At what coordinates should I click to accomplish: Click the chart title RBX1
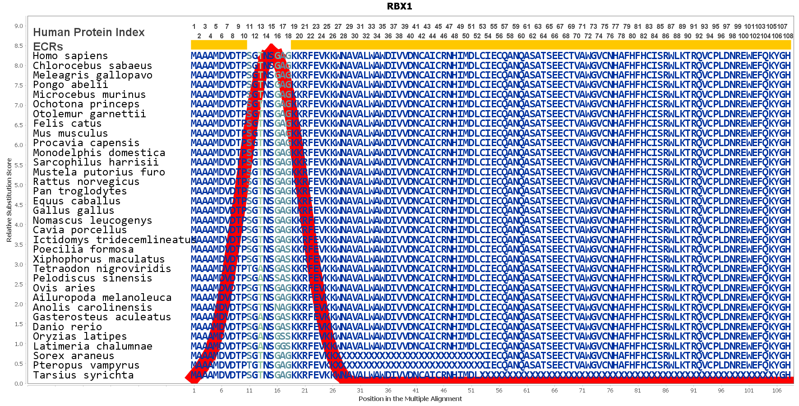399,6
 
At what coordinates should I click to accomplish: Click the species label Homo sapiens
70,56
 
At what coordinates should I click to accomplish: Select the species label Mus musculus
70,134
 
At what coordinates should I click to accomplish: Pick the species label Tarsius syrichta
83,375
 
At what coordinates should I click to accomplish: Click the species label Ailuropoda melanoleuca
102,298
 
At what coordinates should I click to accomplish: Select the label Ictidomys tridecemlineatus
115,240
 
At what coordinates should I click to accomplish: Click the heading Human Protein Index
89,32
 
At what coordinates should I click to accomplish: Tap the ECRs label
48,46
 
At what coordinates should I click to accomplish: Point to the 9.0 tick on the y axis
18,26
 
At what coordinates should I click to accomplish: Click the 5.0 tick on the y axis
18,185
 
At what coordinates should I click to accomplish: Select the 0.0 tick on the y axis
18,384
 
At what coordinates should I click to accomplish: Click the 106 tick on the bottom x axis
776,391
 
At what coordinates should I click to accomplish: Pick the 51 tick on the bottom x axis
471,391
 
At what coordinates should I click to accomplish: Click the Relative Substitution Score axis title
9,200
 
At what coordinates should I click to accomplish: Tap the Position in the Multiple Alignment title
410,399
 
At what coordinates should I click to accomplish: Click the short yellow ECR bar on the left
219,45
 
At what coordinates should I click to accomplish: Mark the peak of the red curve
271,45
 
